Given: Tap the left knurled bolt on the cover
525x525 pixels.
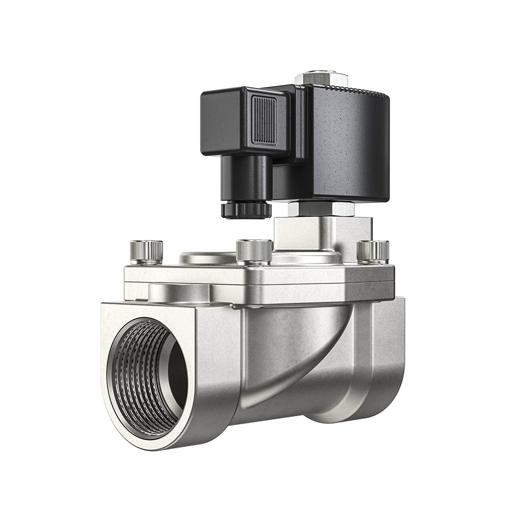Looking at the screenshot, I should pyautogui.click(x=146, y=251).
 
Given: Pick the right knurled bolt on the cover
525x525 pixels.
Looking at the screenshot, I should pyautogui.click(x=373, y=250).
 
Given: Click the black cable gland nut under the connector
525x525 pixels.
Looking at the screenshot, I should pyautogui.click(x=246, y=209).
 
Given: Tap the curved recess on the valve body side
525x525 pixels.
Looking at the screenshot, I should pyautogui.click(x=294, y=357).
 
